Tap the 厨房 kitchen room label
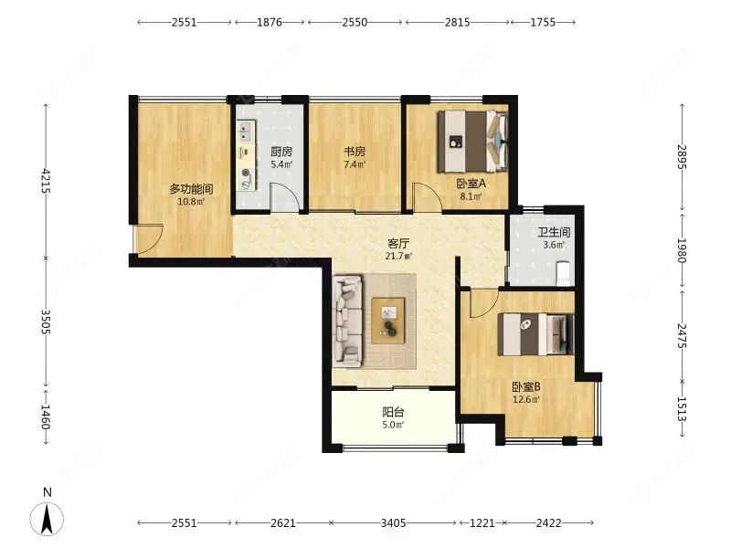pyautogui.click(x=281, y=152)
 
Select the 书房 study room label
pyautogui.click(x=355, y=152)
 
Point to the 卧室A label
pyautogui.click(x=471, y=184)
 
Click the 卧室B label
pyautogui.click(x=526, y=387)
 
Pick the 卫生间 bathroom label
pyautogui.click(x=554, y=232)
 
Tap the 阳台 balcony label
pyautogui.click(x=393, y=412)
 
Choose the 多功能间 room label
pyautogui.click(x=191, y=189)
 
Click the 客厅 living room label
pyautogui.click(x=398, y=244)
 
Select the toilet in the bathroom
pyautogui.click(x=564, y=273)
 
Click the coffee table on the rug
pyautogui.click(x=387, y=321)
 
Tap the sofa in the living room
pyautogui.click(x=348, y=321)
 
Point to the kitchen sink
pyautogui.click(x=246, y=132)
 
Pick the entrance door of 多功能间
pyautogui.click(x=148, y=239)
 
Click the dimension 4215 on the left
pyautogui.click(x=46, y=181)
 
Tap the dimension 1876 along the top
pyautogui.click(x=270, y=22)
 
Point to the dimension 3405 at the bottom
pyautogui.click(x=393, y=522)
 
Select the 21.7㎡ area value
pyautogui.click(x=398, y=256)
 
